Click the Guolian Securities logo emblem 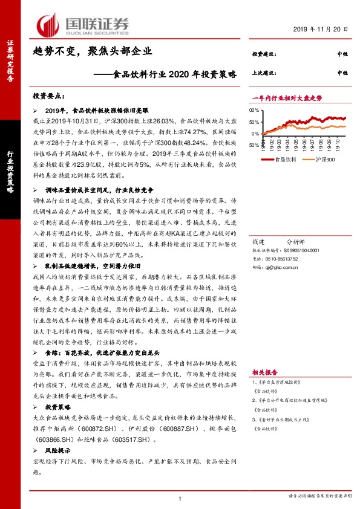[x=48, y=24]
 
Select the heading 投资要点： [x=48, y=96]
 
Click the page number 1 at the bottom [x=180, y=498]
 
